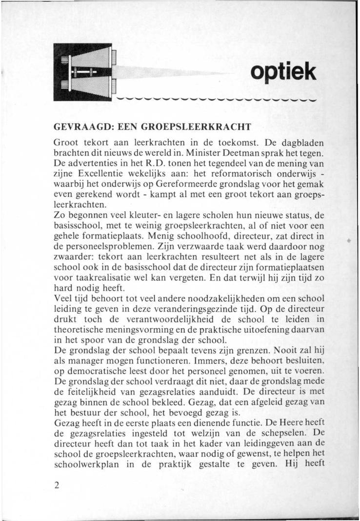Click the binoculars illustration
click(x=83, y=72)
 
